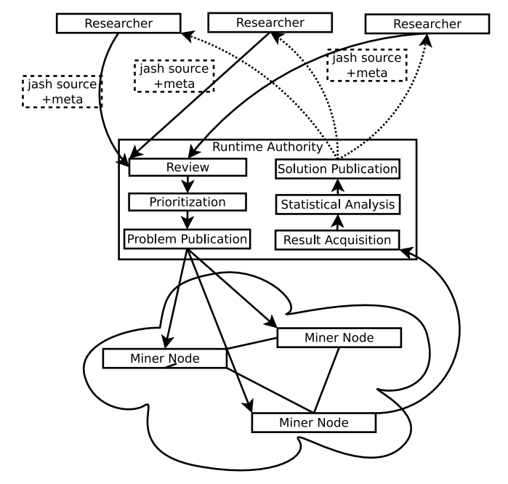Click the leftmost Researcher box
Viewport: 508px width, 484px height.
118,23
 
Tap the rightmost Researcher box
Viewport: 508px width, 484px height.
427,24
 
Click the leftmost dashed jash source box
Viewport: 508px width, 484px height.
60,91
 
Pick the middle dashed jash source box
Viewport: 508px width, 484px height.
175,76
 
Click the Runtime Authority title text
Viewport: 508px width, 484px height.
267,148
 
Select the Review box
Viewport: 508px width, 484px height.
188,168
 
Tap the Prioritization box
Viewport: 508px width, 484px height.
188,201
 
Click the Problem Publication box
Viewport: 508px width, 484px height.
188,238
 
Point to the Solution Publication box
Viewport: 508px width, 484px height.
337,169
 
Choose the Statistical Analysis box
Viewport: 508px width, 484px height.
337,204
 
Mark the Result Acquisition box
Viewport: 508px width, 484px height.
337,239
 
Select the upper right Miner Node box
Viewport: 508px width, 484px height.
339,337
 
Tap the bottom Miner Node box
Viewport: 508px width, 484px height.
313,422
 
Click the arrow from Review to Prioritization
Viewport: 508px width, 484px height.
188,185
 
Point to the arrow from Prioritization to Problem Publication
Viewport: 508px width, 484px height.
188,219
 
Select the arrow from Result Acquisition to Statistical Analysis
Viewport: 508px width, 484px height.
337,222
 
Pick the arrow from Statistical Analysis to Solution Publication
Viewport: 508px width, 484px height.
337,187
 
